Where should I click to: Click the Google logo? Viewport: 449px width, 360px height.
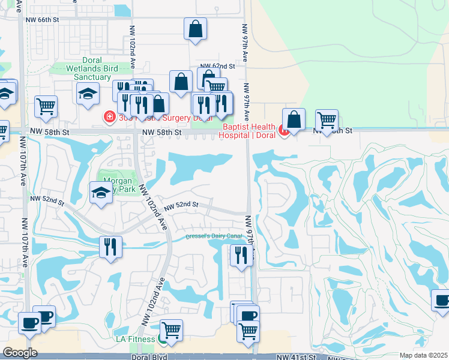20,353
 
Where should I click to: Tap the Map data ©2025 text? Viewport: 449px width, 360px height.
424,355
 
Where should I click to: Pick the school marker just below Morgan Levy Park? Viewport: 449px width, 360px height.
101,193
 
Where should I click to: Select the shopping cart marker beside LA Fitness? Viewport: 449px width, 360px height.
172,330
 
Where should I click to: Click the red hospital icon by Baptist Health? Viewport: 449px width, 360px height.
283,128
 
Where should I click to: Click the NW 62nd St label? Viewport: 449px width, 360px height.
217,66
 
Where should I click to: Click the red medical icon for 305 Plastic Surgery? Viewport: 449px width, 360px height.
109,116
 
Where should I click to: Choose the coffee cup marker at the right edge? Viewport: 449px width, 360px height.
441,301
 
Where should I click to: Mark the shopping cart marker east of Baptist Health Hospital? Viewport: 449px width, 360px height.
327,121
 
